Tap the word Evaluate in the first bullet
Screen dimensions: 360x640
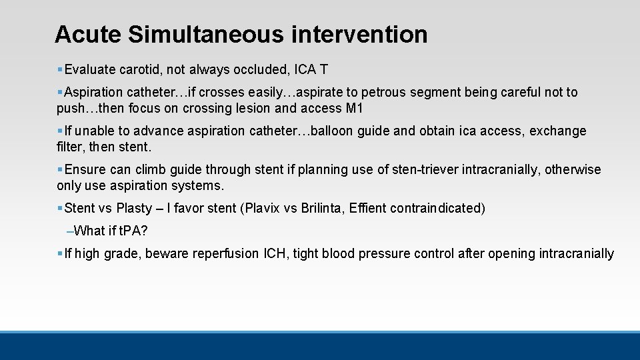point(90,69)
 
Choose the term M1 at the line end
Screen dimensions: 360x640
point(355,108)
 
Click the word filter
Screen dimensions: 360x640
point(68,147)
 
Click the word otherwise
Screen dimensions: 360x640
point(573,169)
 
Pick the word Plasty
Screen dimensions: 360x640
point(134,208)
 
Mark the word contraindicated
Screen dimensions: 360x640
point(440,208)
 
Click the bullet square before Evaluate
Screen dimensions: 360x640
point(60,69)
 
